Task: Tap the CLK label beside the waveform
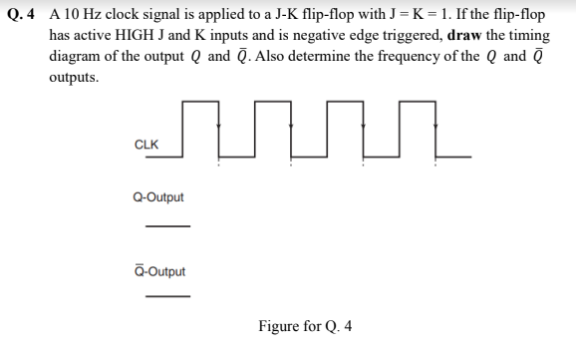(144, 145)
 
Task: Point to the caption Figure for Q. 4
(305, 325)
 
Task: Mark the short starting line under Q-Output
(166, 225)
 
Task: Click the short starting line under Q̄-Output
(166, 296)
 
